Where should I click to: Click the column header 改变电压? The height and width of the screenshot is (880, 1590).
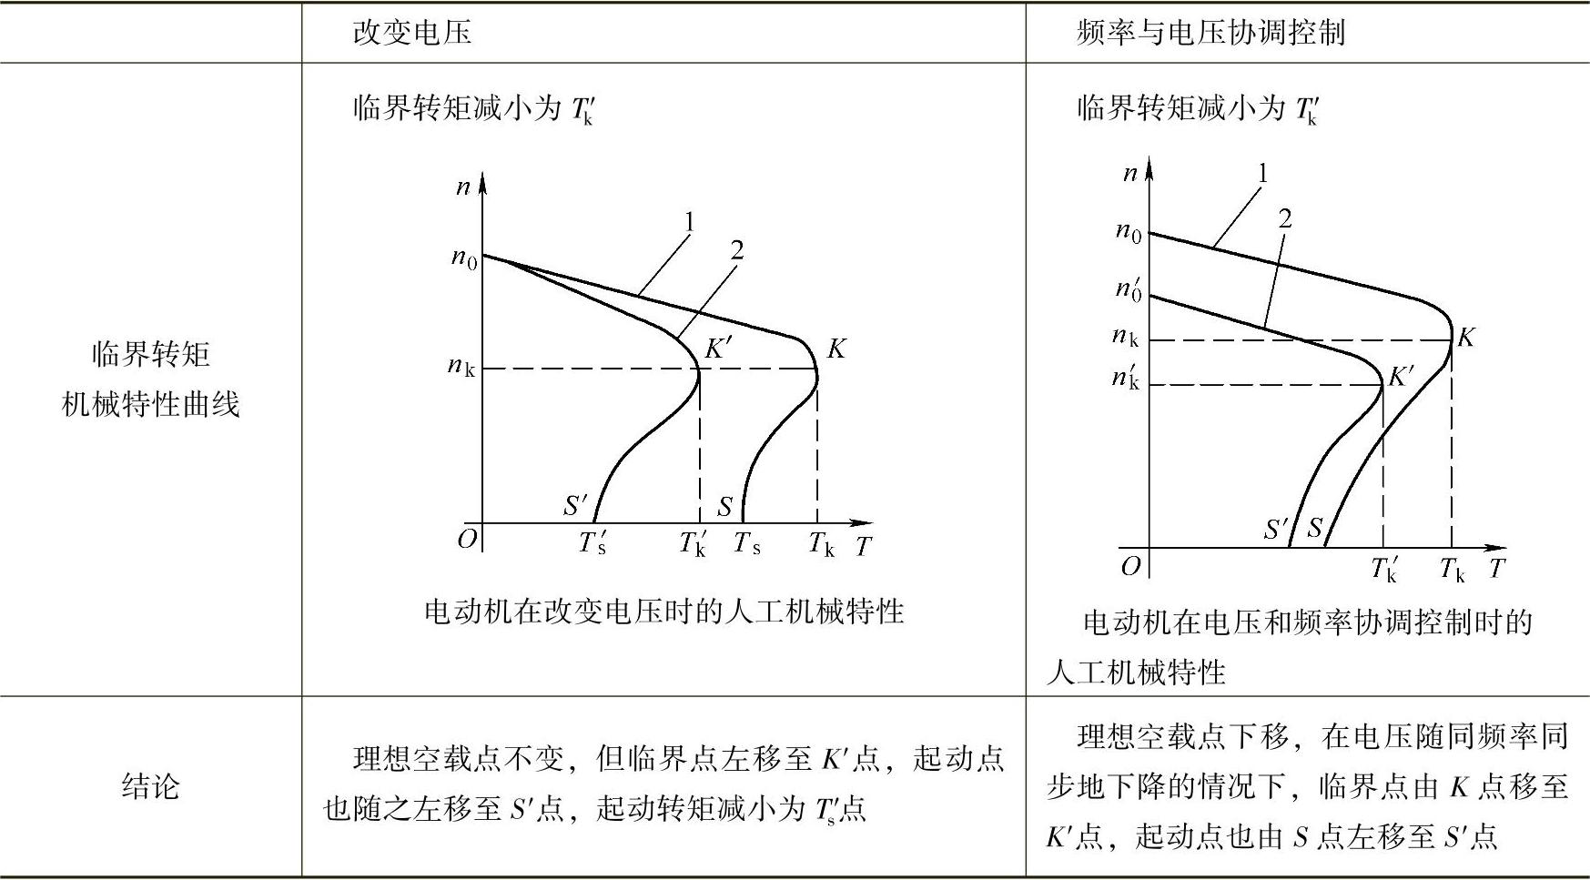[x=411, y=34]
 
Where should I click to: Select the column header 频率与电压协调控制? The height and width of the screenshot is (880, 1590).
[x=1210, y=34]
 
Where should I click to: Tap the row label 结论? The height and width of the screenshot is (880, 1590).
[x=150, y=785]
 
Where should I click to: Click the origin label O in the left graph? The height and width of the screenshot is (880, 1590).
[x=467, y=541]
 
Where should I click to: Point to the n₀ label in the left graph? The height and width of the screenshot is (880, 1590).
[x=464, y=258]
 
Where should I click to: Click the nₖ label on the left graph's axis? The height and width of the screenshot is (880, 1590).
[x=461, y=367]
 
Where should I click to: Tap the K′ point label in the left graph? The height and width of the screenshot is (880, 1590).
[x=719, y=349]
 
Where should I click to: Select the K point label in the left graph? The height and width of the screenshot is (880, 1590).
[x=836, y=349]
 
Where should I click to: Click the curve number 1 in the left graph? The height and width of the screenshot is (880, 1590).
[x=689, y=222]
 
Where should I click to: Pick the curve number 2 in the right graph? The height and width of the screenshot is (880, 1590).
[x=1284, y=218]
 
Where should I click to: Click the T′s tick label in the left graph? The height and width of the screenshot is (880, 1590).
[x=592, y=543]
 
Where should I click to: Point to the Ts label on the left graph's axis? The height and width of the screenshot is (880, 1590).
[x=747, y=543]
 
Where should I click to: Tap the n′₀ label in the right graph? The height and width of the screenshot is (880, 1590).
[x=1129, y=290]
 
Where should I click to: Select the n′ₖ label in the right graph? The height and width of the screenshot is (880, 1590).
[x=1126, y=377]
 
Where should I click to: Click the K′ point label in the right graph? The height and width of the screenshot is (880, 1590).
[x=1401, y=376]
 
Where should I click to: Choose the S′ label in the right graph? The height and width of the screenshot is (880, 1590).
[x=1277, y=529]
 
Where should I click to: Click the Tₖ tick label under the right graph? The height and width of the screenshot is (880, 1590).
[x=1453, y=570]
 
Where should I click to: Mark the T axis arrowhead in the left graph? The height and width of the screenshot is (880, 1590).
[x=862, y=523]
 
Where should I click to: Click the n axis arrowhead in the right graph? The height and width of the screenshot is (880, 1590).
[x=1149, y=170]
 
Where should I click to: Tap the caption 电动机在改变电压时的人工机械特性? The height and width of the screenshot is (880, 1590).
[x=663, y=611]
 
